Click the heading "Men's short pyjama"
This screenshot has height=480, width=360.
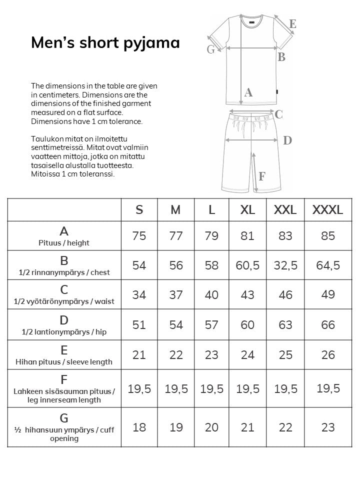click(x=105, y=42)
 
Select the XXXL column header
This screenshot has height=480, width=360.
click(x=327, y=209)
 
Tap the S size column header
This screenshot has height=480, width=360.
click(x=139, y=209)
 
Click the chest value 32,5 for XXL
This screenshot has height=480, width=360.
click(x=285, y=265)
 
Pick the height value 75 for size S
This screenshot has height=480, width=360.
click(x=139, y=235)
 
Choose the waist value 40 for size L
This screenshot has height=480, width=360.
click(x=211, y=294)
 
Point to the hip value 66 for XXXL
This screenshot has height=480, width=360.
click(x=327, y=324)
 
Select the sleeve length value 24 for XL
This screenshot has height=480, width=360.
click(x=247, y=354)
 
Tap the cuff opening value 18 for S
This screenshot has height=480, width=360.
click(x=139, y=427)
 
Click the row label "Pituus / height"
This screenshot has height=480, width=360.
click(x=64, y=243)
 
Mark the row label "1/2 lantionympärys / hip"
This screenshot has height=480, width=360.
click(x=64, y=332)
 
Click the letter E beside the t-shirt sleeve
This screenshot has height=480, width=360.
click(x=292, y=23)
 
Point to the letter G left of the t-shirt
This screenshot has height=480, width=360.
click(x=210, y=49)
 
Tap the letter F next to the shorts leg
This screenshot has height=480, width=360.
click(x=262, y=176)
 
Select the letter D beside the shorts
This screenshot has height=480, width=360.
click(x=287, y=140)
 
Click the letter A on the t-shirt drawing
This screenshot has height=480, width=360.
click(x=248, y=92)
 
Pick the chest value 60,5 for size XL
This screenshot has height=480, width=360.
click(x=247, y=265)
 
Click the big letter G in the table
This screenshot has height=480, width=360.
click(x=64, y=418)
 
